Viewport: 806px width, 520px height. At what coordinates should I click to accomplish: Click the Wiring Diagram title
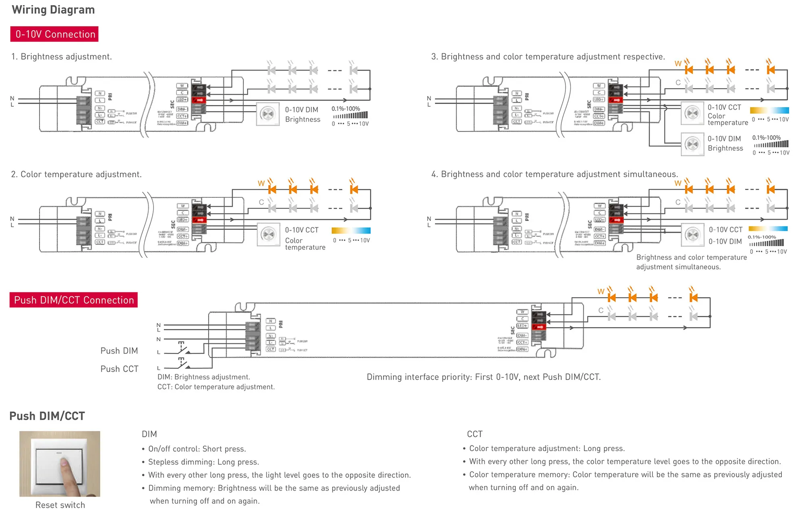click(53, 10)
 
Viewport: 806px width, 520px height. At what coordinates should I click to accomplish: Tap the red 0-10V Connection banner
click(54, 34)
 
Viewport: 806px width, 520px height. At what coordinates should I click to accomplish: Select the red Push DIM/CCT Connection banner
click(73, 300)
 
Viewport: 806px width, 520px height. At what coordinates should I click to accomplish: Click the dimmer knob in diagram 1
click(268, 114)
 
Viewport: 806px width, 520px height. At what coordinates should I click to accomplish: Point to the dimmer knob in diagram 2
click(268, 234)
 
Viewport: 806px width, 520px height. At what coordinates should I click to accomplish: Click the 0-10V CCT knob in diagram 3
click(692, 113)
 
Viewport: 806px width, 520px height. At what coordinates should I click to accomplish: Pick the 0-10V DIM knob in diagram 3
click(692, 144)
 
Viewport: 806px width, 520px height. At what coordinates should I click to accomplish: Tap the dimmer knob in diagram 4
click(692, 235)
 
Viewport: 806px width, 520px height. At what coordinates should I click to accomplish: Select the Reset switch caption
click(60, 505)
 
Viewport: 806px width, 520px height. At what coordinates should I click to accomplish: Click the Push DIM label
click(119, 351)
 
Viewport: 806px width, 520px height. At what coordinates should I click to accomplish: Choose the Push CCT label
click(119, 369)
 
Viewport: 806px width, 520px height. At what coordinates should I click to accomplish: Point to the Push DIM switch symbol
click(183, 348)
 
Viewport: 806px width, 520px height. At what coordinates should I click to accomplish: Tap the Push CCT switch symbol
click(183, 364)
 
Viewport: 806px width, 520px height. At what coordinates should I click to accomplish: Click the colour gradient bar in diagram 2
click(351, 230)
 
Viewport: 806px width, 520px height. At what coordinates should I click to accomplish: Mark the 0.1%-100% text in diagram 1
click(345, 109)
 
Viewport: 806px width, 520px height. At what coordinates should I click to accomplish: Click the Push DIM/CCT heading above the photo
click(47, 416)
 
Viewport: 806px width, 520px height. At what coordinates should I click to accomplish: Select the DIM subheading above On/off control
click(149, 434)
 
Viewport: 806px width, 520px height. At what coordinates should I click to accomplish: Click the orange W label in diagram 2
click(261, 183)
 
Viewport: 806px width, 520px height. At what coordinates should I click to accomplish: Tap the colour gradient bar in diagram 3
click(769, 110)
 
